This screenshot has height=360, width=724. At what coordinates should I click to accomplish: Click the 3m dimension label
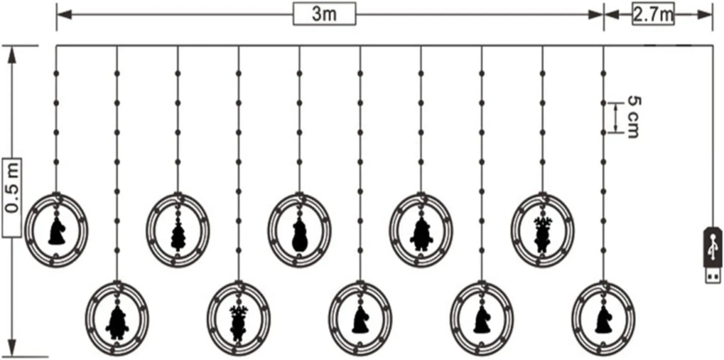[324, 14]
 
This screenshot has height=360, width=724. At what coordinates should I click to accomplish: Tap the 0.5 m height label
[12, 197]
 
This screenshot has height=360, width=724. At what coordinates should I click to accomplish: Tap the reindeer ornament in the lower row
[238, 323]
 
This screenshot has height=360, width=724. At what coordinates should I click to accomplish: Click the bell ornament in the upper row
[56, 232]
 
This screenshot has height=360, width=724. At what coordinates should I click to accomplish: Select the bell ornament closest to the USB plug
[603, 320]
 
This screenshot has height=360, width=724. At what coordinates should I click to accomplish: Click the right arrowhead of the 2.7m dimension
[705, 15]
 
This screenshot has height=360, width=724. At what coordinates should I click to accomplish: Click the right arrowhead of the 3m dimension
[596, 15]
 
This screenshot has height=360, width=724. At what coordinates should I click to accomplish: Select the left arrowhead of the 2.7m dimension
[612, 15]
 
